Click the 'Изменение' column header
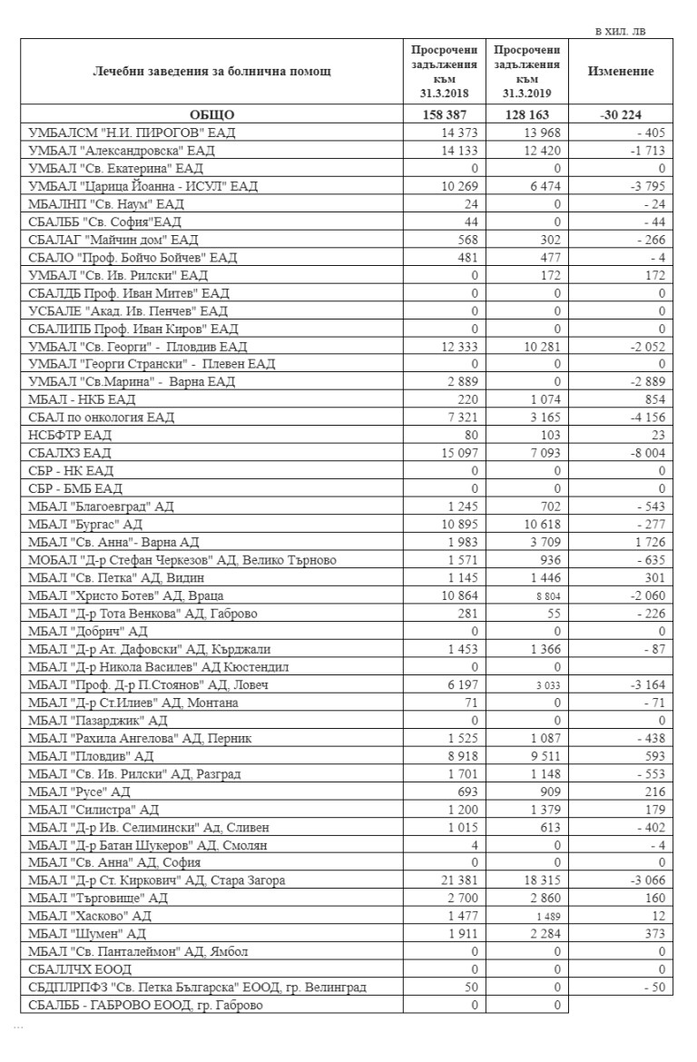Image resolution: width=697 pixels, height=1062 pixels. pyautogui.click(x=621, y=72)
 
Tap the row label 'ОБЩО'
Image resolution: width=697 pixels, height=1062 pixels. pyautogui.click(x=211, y=115)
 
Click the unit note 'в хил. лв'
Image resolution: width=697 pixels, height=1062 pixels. pyautogui.click(x=621, y=32)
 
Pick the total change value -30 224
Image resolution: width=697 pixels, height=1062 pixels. pyautogui.click(x=621, y=115)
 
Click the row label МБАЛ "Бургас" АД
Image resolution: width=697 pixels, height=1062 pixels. pyautogui.click(x=86, y=525)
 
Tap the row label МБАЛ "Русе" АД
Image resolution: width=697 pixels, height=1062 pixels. pyautogui.click(x=80, y=792)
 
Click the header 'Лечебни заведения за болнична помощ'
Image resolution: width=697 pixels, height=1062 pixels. pyautogui.click(x=212, y=72)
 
